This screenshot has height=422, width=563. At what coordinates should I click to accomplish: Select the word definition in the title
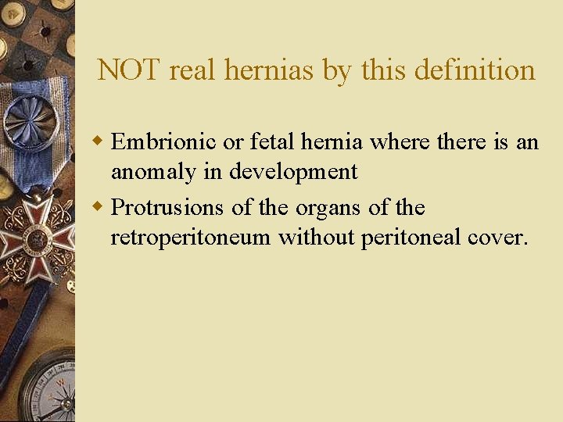click(x=475, y=70)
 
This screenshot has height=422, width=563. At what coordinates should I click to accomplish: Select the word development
click(x=293, y=172)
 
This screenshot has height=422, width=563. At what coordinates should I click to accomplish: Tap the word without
click(x=316, y=238)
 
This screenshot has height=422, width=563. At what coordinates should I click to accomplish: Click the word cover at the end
click(x=500, y=238)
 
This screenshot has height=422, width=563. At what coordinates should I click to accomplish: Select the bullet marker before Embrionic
click(x=99, y=141)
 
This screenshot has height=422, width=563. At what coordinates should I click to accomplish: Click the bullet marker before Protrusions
click(x=99, y=208)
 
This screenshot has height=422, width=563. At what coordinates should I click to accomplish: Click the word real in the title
click(x=195, y=70)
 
